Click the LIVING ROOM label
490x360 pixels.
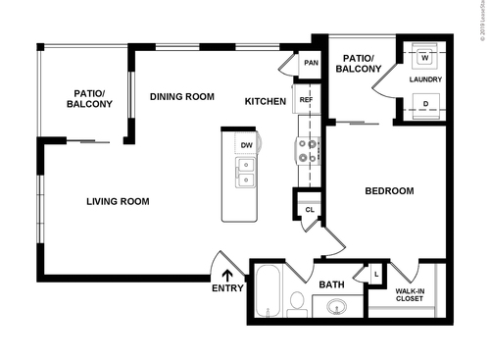[x=117, y=202]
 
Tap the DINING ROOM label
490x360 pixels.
[x=181, y=96]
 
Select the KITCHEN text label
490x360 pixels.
[x=265, y=101]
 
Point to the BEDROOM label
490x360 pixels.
[x=389, y=191]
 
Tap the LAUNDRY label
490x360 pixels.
[x=426, y=79]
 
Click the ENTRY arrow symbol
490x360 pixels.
[x=226, y=276]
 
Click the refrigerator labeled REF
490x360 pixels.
[x=306, y=100]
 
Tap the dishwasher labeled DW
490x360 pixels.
[x=246, y=145]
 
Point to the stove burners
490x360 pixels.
[x=307, y=150]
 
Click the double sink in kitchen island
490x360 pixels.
[x=245, y=175]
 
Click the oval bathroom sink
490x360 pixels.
[x=336, y=308]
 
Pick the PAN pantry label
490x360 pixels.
[x=311, y=64]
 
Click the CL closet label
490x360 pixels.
[x=309, y=209]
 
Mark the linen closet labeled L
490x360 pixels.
[x=376, y=274]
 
